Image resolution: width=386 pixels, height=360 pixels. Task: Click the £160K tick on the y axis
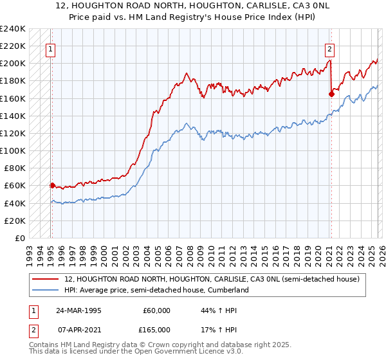coord(13,98)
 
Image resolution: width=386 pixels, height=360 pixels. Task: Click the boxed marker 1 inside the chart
coord(50,48)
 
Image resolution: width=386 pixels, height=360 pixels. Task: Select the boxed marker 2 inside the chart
coord(329,48)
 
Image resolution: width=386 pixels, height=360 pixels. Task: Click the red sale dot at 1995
coord(52,185)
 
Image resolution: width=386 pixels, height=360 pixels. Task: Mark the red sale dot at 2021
coord(331,94)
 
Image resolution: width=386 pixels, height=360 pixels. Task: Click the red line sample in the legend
coord(46,279)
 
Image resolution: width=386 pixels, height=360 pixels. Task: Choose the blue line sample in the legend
coord(46,290)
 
